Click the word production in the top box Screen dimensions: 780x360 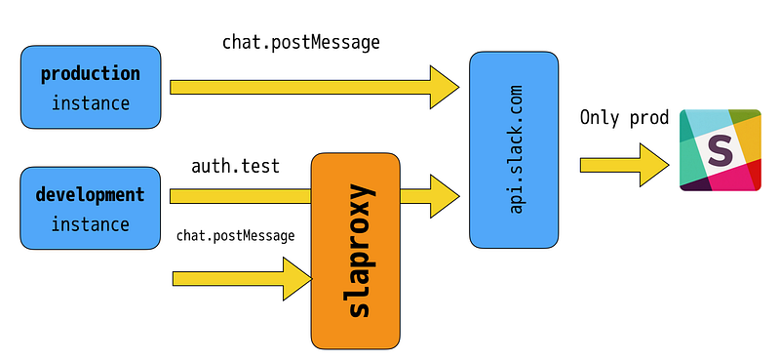point(91,74)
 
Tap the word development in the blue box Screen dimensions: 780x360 point(90,194)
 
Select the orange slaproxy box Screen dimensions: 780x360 point(355,251)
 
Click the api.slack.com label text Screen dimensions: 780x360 point(516,149)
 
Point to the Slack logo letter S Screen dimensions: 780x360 point(721,151)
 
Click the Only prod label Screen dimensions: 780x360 point(624,117)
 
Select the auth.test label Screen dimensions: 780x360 point(235,166)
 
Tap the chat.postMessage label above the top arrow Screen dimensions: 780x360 point(301,42)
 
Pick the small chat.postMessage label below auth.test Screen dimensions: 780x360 point(235,235)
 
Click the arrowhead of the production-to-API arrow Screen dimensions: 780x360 point(445,87)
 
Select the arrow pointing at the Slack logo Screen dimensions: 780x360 point(624,165)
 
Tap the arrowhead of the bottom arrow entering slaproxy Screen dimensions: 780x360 point(297,279)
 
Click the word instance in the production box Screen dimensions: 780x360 point(91,103)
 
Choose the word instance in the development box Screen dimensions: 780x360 point(90,224)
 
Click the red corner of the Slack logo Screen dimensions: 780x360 point(754,175)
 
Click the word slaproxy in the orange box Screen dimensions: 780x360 point(359,251)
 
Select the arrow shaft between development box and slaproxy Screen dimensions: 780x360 point(240,196)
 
